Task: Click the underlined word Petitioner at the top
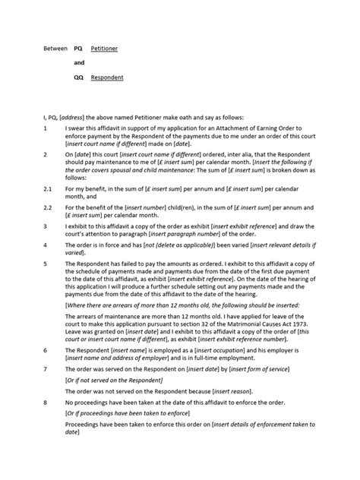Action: coord(104,48)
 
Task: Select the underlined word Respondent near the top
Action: coord(106,77)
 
